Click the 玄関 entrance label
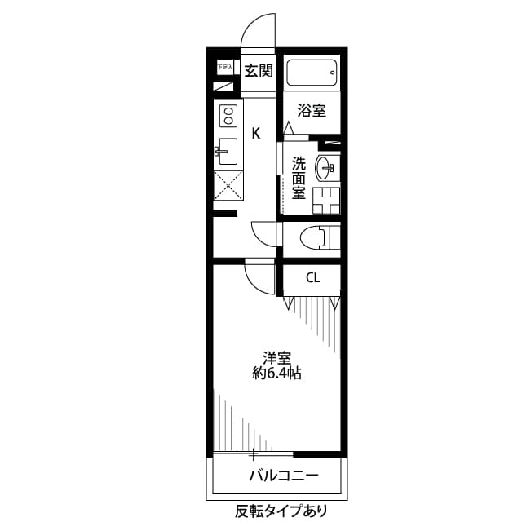(259, 71)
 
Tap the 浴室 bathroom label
(312, 110)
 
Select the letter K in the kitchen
(255, 133)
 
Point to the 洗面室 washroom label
(299, 177)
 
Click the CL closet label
(312, 278)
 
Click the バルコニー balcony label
(283, 476)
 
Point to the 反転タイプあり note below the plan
(281, 511)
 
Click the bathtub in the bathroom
(312, 76)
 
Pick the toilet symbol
(318, 237)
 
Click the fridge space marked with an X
(227, 185)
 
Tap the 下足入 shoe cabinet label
(224, 67)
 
